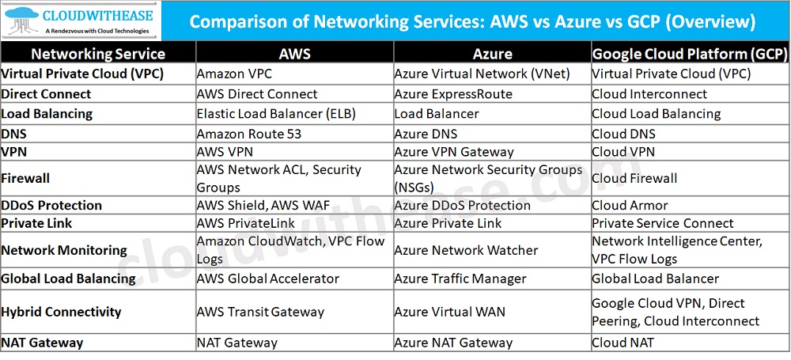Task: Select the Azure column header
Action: (492, 54)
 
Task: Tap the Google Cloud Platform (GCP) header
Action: (690, 54)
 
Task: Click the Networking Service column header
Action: (98, 54)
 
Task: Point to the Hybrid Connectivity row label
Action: (62, 311)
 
